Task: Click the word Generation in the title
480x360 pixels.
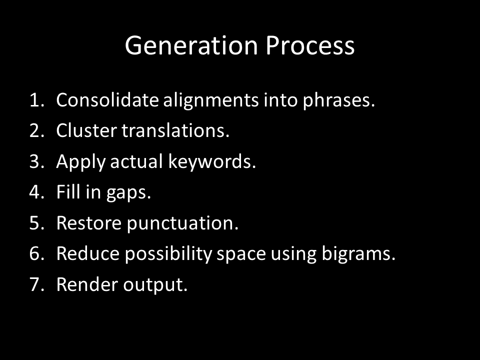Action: click(x=191, y=45)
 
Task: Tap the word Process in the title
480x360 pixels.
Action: click(x=310, y=45)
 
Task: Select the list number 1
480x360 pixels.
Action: click(x=36, y=100)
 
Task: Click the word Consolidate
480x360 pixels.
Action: click(x=107, y=100)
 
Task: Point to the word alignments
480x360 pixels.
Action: click(x=211, y=101)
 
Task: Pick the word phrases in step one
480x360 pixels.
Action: click(x=338, y=101)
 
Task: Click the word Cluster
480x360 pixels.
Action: click(x=86, y=130)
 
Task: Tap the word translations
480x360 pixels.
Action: click(x=175, y=130)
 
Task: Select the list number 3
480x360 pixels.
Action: click(x=36, y=161)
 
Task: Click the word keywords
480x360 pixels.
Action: click(x=212, y=162)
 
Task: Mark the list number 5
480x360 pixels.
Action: click(x=36, y=223)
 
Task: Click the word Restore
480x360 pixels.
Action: click(x=89, y=223)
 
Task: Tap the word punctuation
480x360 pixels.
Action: click(x=182, y=224)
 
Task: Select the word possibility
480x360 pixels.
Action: click(x=168, y=254)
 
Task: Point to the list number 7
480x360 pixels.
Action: click(x=36, y=284)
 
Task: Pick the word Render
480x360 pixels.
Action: click(x=87, y=284)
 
